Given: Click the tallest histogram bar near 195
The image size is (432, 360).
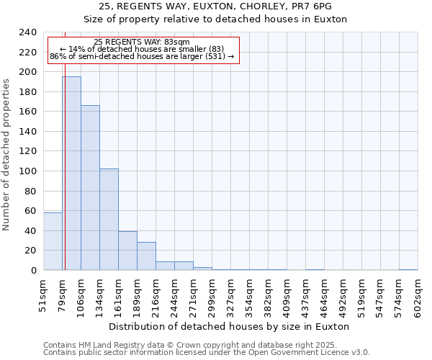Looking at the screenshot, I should coord(71,173).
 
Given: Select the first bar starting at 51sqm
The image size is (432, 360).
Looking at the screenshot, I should coord(53,241).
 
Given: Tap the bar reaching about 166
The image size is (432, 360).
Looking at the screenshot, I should coord(90,187).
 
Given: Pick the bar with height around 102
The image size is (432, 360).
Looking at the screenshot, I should coord(109,220).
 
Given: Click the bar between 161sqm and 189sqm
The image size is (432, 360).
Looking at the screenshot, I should coord(127,251).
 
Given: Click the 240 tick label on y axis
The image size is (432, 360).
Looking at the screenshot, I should coord(27,32).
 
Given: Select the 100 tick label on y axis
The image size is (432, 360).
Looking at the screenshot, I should coord(27,171).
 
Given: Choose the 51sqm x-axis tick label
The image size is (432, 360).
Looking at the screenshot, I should coord(43,293).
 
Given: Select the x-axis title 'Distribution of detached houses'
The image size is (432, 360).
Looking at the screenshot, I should coord(230,326).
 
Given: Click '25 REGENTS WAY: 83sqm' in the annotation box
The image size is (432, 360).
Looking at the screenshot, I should coord(142,42).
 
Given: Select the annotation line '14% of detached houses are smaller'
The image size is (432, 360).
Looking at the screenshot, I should coord(142,49).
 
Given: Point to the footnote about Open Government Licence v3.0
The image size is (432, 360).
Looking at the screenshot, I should coord(207,353).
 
